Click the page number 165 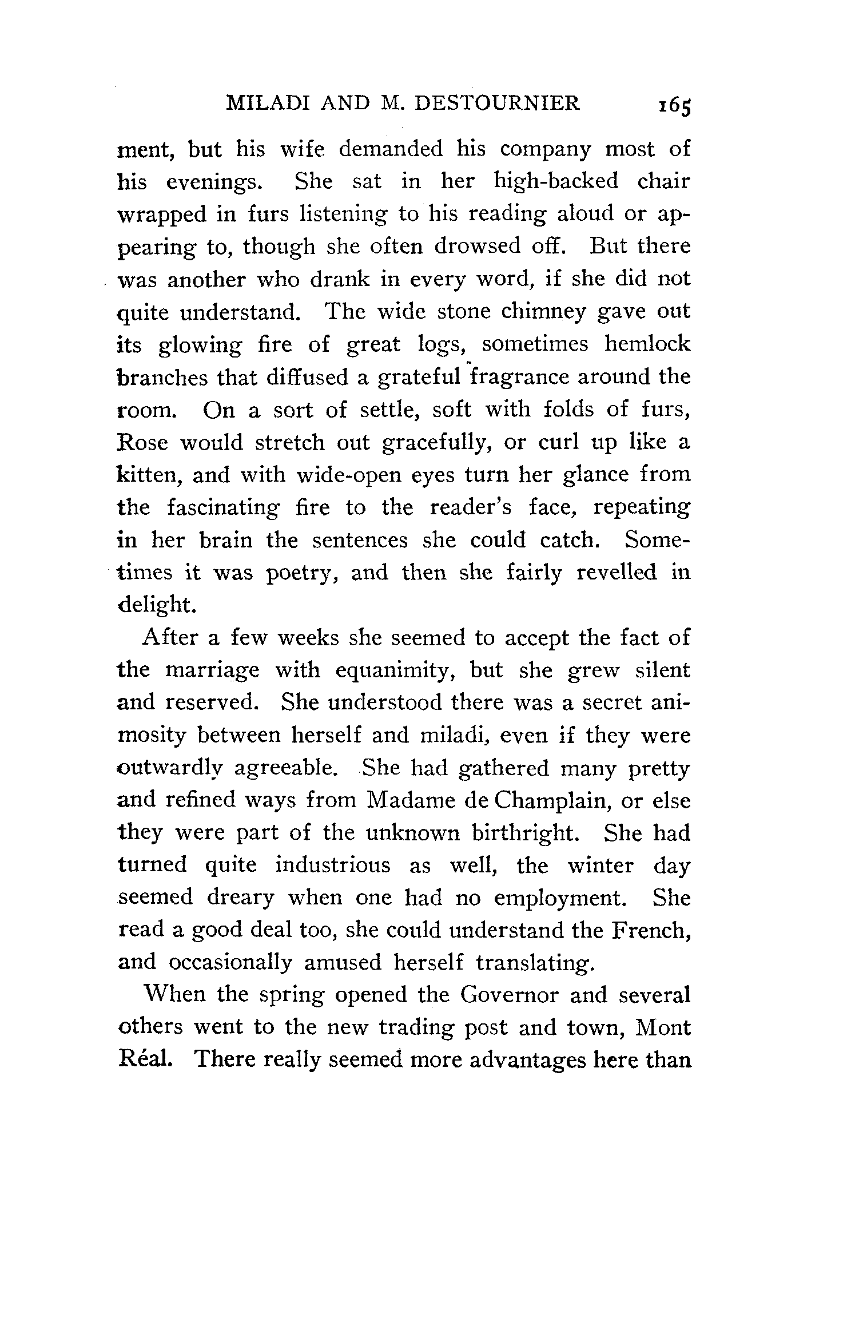coord(675,106)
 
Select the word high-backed coord(556,182)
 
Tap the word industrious coord(333,866)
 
